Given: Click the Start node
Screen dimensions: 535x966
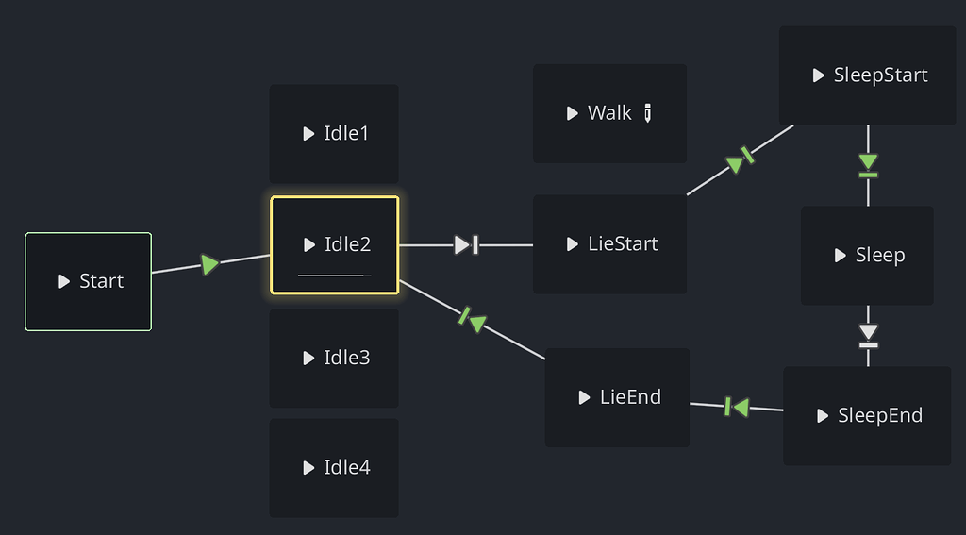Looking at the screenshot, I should tap(88, 281).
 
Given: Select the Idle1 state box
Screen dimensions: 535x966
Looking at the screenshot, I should tap(334, 134).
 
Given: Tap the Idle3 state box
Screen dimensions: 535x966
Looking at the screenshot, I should tap(334, 359).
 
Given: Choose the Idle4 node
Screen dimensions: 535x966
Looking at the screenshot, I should tap(334, 468).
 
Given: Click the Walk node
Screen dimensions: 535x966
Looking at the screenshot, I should tap(599, 113).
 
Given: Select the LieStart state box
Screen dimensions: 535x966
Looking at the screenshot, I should tap(610, 244).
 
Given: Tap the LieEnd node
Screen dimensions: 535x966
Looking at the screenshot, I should tap(618, 397).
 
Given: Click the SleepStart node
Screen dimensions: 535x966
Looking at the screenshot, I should tap(868, 75).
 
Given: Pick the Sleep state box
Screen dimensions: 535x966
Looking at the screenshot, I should tap(867, 256).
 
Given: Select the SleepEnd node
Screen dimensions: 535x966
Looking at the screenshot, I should tap(867, 416).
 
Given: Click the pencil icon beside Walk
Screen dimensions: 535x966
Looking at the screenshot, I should tap(648, 113).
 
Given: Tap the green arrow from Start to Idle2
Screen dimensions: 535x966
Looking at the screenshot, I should tap(209, 264).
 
